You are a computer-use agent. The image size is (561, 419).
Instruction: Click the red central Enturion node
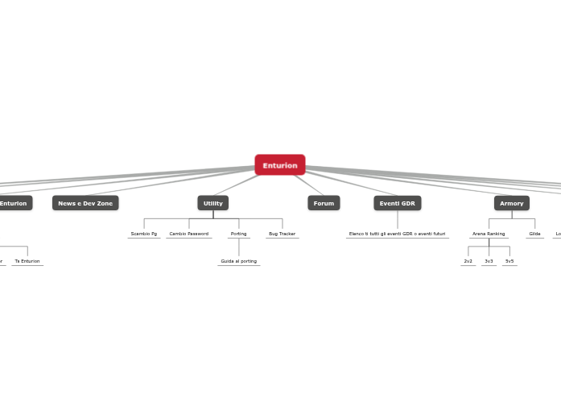(x=279, y=165)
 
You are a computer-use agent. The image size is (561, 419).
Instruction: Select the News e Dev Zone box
(x=85, y=203)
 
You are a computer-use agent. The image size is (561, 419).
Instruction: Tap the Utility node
(x=213, y=203)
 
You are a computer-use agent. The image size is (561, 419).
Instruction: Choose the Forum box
(x=324, y=203)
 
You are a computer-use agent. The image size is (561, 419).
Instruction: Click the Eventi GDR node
(x=397, y=203)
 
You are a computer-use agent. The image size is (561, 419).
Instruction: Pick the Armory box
(x=511, y=203)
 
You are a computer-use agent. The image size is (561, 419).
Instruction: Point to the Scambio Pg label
(x=144, y=234)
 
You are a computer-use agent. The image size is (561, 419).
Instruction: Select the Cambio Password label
(x=189, y=234)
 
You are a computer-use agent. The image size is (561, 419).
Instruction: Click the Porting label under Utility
(x=238, y=234)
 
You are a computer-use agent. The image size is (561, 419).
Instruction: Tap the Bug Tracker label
(x=282, y=234)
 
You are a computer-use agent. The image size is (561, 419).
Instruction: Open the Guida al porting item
(x=238, y=261)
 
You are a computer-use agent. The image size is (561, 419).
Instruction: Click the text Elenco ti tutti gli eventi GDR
(x=397, y=234)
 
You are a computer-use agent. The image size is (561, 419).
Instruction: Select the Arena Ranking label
(x=489, y=234)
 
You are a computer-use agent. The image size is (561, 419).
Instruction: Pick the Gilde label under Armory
(x=534, y=234)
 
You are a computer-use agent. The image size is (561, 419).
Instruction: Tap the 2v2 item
(x=468, y=261)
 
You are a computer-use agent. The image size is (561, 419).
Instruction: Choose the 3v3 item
(x=489, y=261)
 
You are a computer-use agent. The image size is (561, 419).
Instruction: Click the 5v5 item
(x=509, y=261)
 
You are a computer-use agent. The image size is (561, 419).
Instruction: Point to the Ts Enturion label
(x=27, y=261)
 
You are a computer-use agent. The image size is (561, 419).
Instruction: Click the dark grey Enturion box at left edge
(x=14, y=203)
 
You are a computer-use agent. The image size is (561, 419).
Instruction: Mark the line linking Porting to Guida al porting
(x=238, y=247)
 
